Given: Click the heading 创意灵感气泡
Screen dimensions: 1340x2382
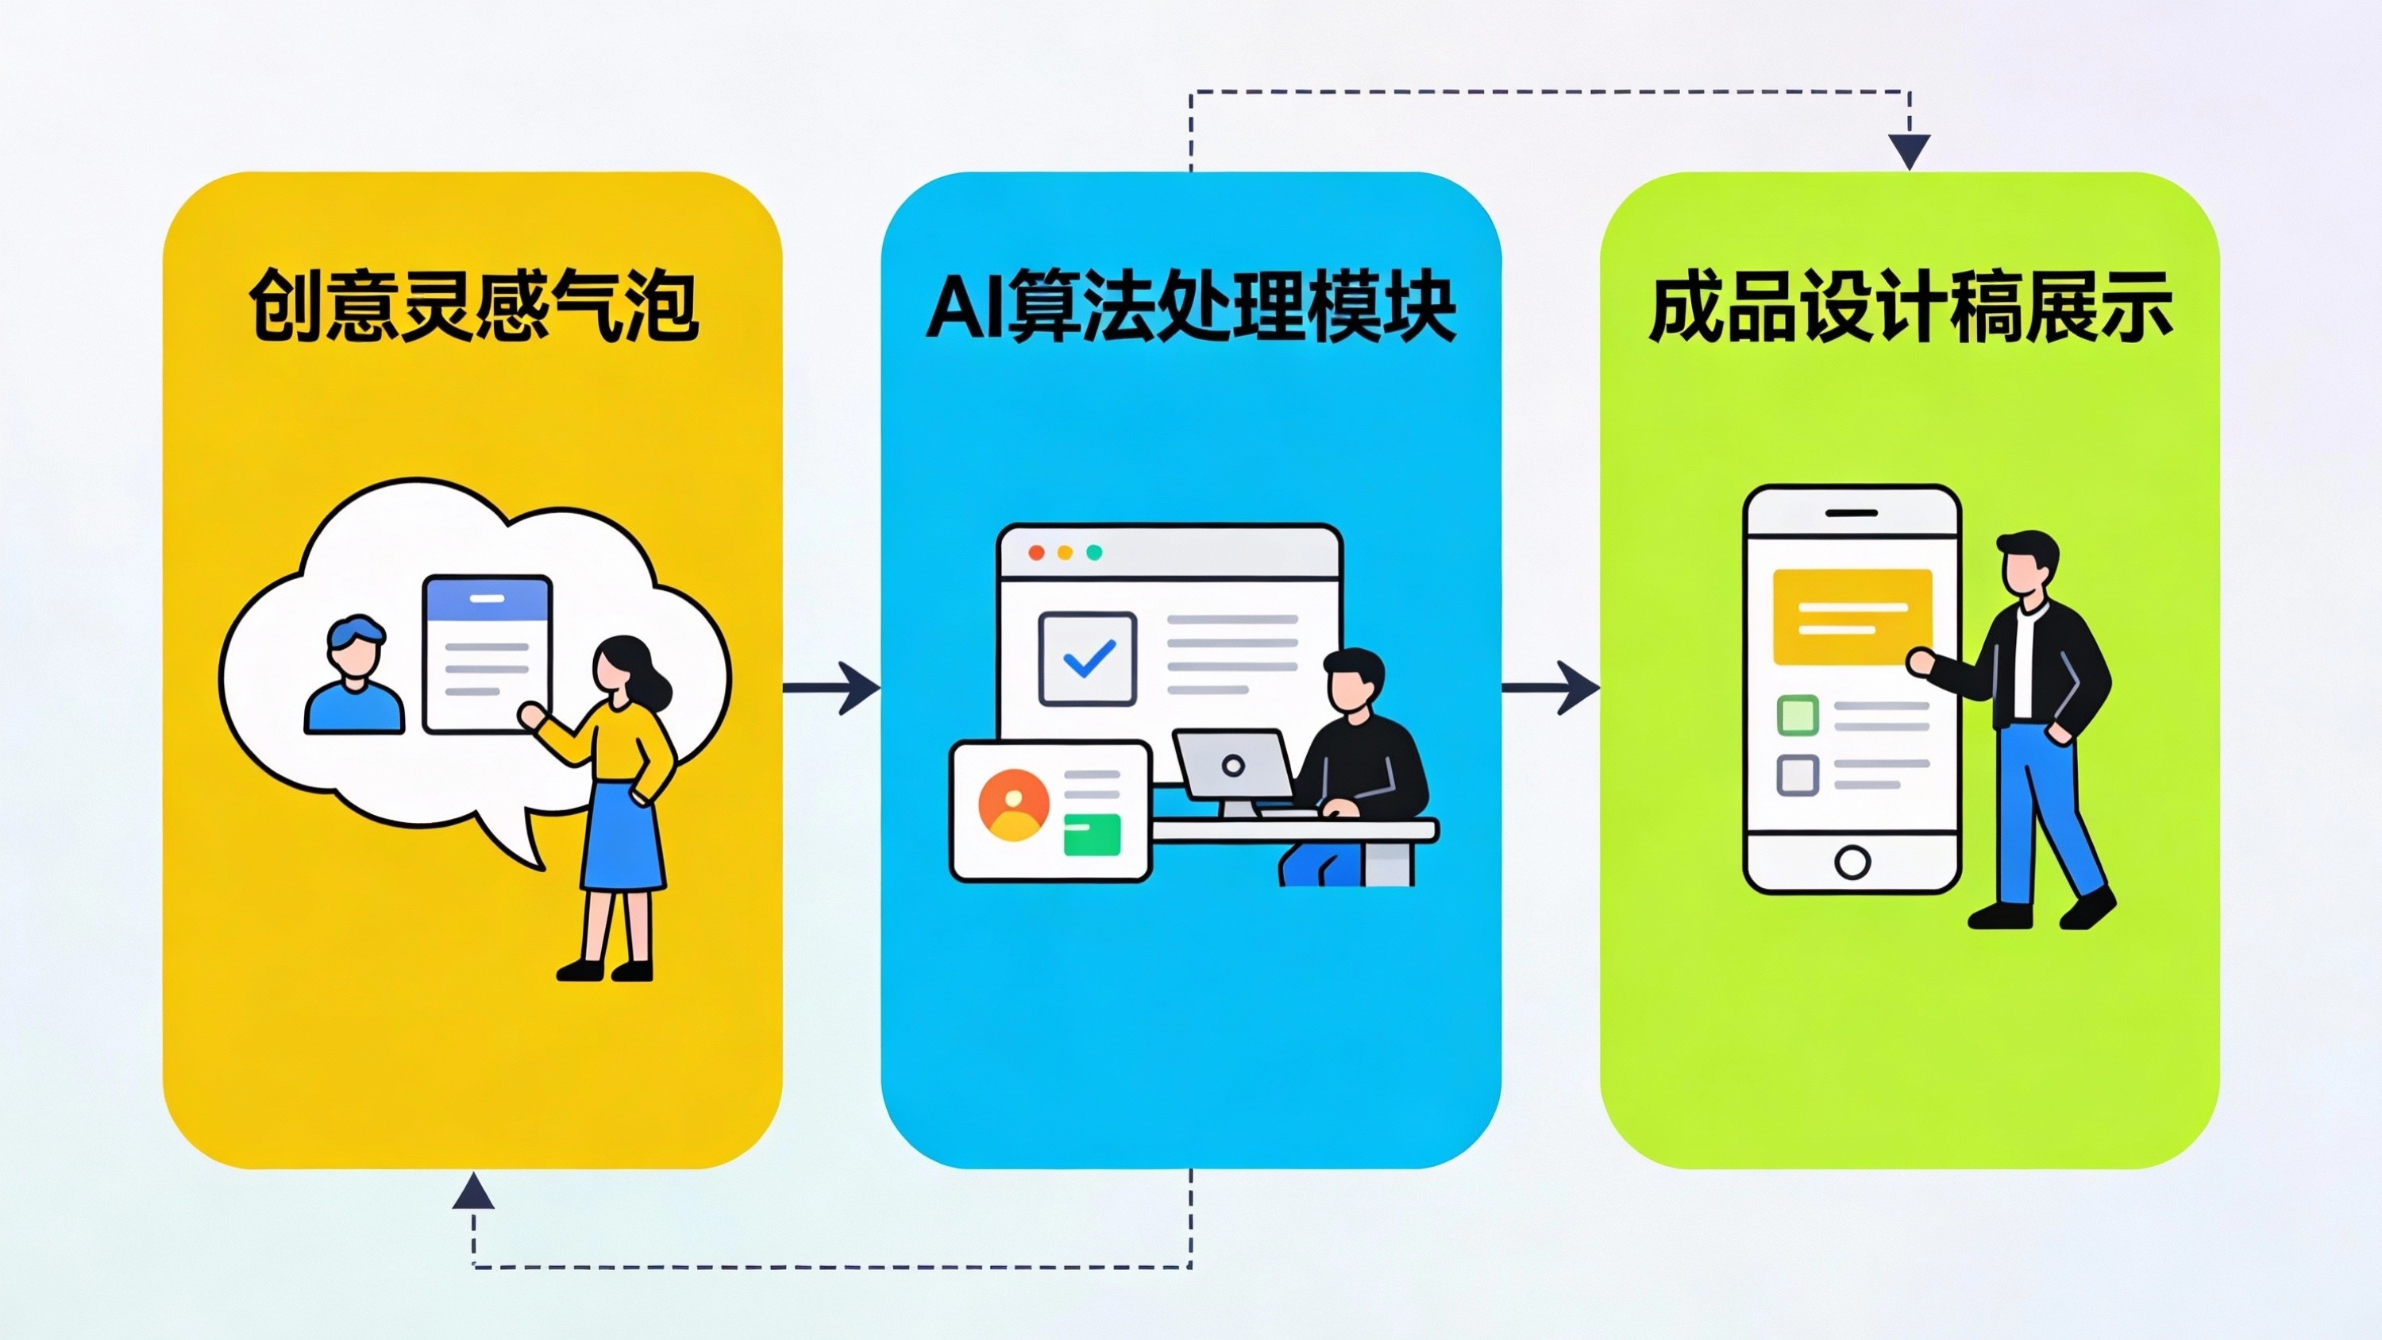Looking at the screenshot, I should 472,306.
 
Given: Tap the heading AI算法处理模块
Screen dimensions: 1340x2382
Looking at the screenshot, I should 1190,306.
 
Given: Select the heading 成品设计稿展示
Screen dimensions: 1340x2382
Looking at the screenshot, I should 1910,306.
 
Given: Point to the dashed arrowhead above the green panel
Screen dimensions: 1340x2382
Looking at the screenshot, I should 1909,151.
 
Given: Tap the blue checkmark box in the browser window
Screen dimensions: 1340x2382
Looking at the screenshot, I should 1088,658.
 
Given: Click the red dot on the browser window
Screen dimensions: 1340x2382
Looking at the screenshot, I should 1037,552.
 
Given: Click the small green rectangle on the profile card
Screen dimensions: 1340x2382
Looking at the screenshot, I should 1091,834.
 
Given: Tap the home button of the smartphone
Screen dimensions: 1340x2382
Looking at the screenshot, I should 1852,862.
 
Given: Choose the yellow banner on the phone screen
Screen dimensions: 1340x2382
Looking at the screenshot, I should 1852,616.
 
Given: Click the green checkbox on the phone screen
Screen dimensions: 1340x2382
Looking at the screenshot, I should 1798,715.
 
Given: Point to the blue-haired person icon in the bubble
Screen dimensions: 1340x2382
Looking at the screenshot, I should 355,675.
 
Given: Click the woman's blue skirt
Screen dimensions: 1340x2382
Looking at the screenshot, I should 623,837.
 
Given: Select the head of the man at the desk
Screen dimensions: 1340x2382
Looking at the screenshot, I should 1353,680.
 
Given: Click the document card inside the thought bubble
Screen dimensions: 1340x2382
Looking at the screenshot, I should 487,654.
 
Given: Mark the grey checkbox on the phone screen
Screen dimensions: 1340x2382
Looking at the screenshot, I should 1798,774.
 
